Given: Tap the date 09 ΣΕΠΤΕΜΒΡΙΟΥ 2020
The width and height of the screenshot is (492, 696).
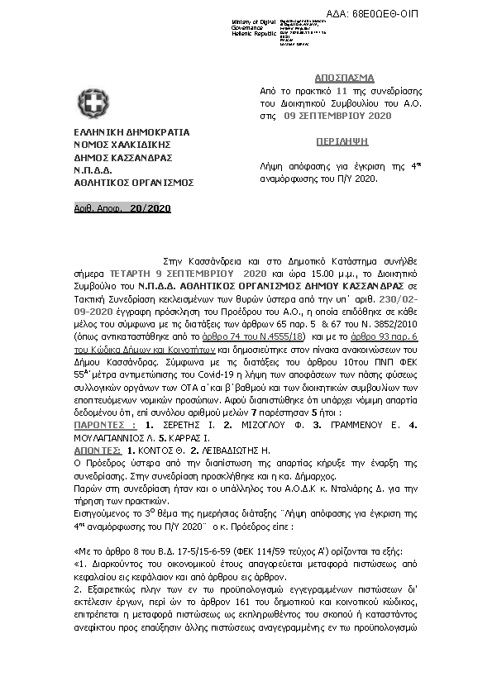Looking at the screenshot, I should (337, 117).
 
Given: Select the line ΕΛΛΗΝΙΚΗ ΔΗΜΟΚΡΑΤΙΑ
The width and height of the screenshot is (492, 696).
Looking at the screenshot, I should (131, 131).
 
